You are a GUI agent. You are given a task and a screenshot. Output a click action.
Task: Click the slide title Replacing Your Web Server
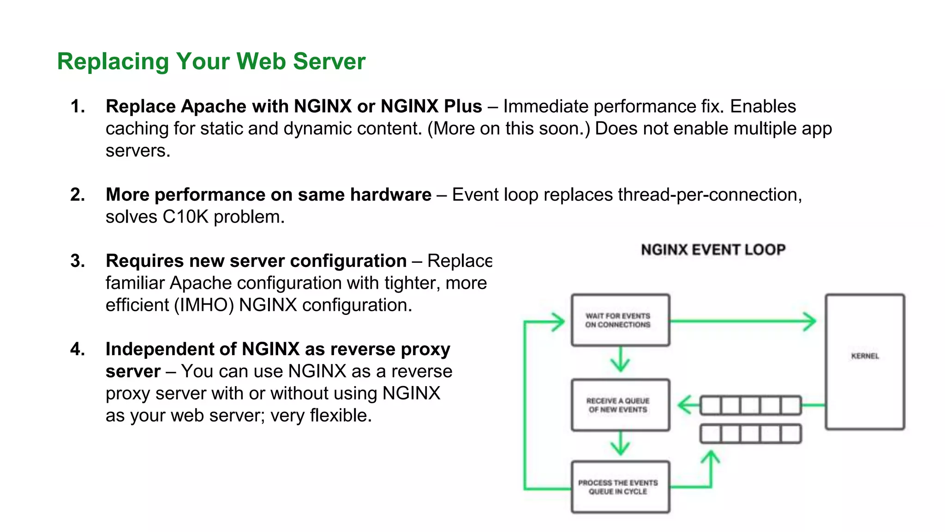tap(211, 61)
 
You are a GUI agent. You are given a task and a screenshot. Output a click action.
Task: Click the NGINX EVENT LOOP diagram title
tap(713, 250)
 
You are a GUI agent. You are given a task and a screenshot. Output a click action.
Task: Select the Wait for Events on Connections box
tap(620, 320)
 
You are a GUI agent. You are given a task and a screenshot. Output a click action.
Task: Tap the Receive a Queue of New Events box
tap(620, 405)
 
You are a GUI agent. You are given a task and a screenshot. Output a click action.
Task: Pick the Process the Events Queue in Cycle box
tap(620, 487)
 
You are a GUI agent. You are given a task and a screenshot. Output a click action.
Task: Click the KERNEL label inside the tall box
tap(865, 356)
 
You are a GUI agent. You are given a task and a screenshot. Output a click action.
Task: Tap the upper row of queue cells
tap(751, 405)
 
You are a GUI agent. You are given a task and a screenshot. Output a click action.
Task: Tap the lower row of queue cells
tap(751, 434)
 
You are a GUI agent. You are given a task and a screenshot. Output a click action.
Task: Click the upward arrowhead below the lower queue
tap(711, 457)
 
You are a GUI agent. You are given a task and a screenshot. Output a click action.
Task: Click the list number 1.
tap(78, 107)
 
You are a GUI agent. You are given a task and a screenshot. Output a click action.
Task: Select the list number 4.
tap(78, 349)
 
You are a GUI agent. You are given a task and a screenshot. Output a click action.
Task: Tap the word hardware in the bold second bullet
tap(390, 195)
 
